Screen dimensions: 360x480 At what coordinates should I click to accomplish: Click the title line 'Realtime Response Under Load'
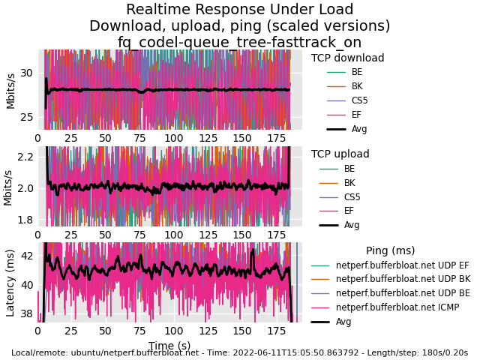[240, 10]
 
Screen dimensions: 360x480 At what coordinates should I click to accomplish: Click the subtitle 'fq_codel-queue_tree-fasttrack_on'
[240, 42]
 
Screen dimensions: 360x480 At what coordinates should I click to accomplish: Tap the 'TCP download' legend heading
[347, 58]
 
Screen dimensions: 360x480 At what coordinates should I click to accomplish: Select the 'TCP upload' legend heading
[340, 154]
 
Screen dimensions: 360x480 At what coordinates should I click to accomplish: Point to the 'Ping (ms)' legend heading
[390, 250]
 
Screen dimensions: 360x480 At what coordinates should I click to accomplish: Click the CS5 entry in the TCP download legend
[359, 100]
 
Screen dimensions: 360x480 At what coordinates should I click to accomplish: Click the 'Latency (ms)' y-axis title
[10, 282]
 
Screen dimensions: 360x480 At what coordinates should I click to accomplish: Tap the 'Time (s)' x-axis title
[169, 346]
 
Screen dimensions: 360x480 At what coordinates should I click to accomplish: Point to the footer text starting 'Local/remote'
[240, 352]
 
